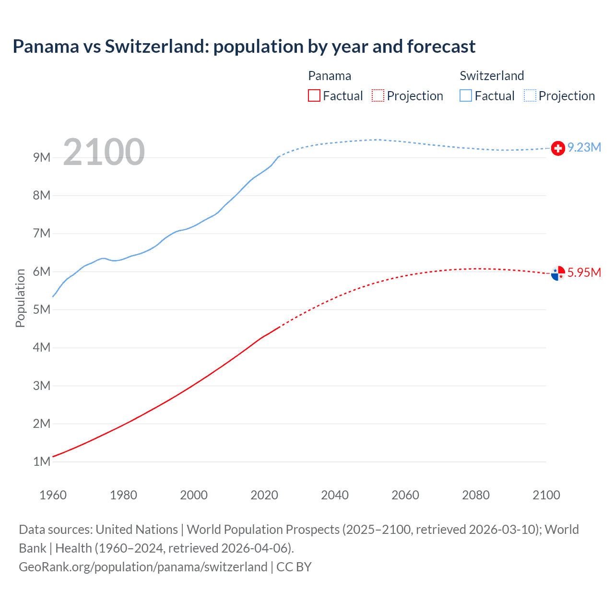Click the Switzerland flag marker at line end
click(558, 149)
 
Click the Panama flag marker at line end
click(558, 273)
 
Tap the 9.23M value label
click(584, 148)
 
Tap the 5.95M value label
click(584, 273)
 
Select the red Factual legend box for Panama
click(314, 96)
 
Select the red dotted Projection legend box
click(378, 96)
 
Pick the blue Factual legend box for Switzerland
click(466, 96)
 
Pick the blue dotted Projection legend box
click(530, 96)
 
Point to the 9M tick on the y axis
click(42, 158)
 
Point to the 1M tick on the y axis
click(42, 462)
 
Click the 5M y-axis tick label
click(42, 310)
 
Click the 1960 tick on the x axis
click(53, 495)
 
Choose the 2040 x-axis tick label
click(335, 495)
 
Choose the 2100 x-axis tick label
click(546, 495)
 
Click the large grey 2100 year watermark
click(104, 152)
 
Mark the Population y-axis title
click(20, 298)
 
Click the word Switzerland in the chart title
click(156, 47)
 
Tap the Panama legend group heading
click(330, 76)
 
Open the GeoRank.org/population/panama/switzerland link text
click(143, 567)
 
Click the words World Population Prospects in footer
click(263, 530)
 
